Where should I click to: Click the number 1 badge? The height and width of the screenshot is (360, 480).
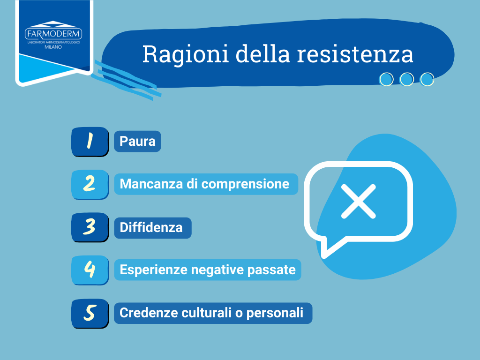point(90,142)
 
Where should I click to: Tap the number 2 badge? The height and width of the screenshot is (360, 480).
point(90,184)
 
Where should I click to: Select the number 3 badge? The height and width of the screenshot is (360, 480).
point(90,227)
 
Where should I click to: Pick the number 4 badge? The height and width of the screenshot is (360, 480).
point(90,270)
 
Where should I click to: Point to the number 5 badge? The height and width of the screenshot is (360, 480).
point(90,313)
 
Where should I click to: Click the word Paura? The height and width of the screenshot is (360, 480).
point(137,141)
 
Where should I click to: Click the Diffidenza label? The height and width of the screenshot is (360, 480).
point(151,227)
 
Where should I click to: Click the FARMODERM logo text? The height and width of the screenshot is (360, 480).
point(53,34)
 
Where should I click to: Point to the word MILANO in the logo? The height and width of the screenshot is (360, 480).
point(53,47)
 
